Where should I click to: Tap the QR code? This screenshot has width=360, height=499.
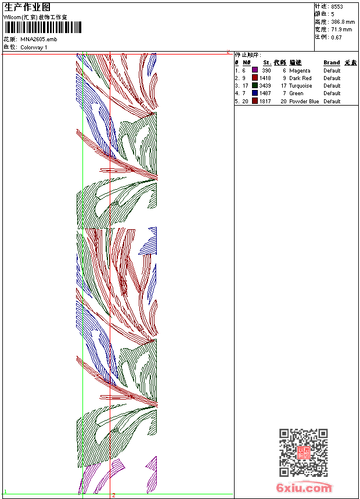pyautogui.click(x=304, y=453)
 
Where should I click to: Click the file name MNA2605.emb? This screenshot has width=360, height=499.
pyautogui.click(x=39, y=39)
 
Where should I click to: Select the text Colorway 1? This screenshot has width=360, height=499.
pyautogui.click(x=34, y=47)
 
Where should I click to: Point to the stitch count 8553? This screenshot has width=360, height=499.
pyautogui.click(x=337, y=6)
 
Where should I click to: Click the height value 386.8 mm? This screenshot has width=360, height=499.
pyautogui.click(x=343, y=21)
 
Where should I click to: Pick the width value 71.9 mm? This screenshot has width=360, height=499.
pyautogui.click(x=341, y=29)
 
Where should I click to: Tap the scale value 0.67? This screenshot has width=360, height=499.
pyautogui.click(x=336, y=37)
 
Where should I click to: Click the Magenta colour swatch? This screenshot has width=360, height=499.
pyautogui.click(x=255, y=70)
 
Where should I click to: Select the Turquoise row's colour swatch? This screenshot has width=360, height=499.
pyautogui.click(x=255, y=85)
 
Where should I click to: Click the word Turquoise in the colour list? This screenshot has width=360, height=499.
pyautogui.click(x=300, y=86)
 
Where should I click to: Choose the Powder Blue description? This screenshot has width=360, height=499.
pyautogui.click(x=304, y=102)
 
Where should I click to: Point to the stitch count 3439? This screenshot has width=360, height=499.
pyautogui.click(x=265, y=86)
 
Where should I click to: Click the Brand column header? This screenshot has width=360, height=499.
pyautogui.click(x=332, y=63)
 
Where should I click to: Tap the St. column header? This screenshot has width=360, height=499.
pyautogui.click(x=267, y=63)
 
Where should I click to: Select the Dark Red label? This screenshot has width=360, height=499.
pyautogui.click(x=300, y=78)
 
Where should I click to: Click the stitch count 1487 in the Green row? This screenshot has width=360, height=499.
pyautogui.click(x=265, y=93)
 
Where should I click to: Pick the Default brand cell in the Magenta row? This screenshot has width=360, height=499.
pyautogui.click(x=332, y=71)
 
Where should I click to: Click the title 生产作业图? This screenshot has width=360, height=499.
pyautogui.click(x=27, y=7)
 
